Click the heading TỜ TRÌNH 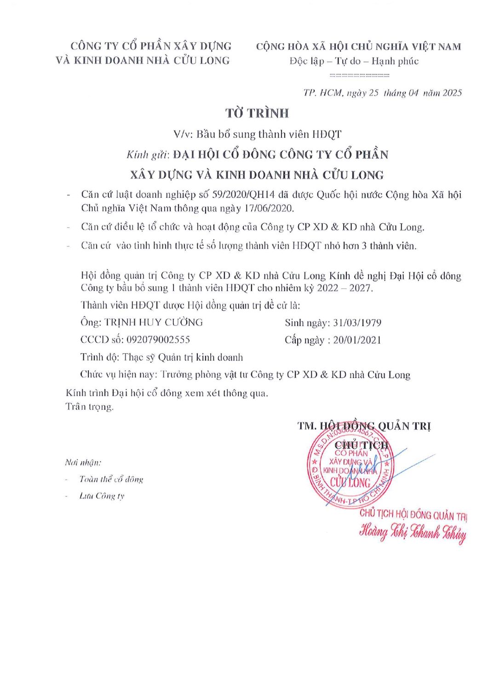click(x=257, y=113)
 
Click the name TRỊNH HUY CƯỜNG click(x=154, y=322)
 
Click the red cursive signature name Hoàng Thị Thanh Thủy click(x=413, y=532)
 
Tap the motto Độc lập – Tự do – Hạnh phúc click(x=354, y=61)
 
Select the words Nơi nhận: click(x=83, y=463)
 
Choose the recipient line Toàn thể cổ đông click(x=111, y=480)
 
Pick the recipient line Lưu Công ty click(x=102, y=496)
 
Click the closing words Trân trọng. click(x=90, y=407)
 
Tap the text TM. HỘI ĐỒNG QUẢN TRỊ click(x=364, y=426)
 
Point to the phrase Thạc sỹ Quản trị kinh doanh click(x=182, y=357)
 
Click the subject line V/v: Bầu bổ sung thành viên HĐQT click(x=257, y=135)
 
